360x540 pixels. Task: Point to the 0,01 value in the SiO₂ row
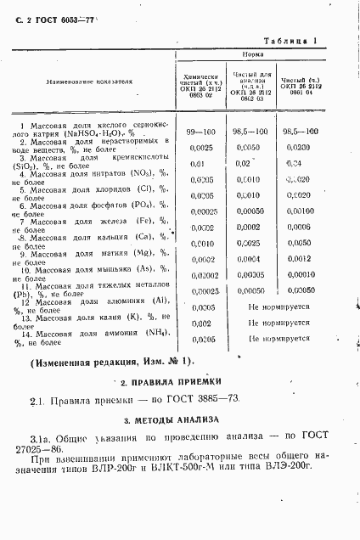[x=197, y=163]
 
